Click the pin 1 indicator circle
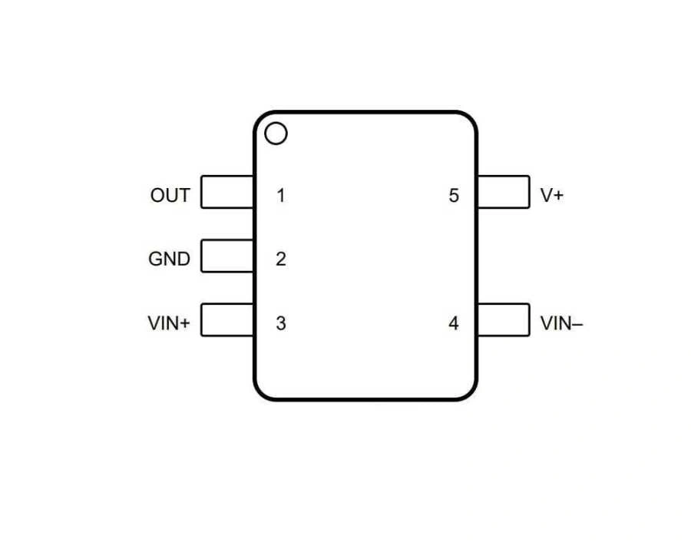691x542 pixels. coord(276,134)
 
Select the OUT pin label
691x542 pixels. coord(170,196)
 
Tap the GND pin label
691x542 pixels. coord(169,259)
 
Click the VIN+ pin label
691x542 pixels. coord(168,324)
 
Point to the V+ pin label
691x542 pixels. coord(551,196)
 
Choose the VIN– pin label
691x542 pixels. coord(561,324)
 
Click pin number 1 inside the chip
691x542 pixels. coord(281,196)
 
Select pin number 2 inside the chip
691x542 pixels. coord(281,259)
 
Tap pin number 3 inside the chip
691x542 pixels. coord(281,324)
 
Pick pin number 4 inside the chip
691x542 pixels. coord(454,324)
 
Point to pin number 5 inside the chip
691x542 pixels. coord(454,196)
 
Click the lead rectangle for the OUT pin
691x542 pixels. coord(227,192)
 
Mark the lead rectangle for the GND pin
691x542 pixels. coord(227,256)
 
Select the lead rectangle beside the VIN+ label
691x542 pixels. coord(227,319)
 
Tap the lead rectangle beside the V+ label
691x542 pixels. coord(503,192)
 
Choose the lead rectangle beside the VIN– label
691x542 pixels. coord(503,319)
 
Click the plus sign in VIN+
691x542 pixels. coord(184,324)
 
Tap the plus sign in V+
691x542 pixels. coord(557,196)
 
